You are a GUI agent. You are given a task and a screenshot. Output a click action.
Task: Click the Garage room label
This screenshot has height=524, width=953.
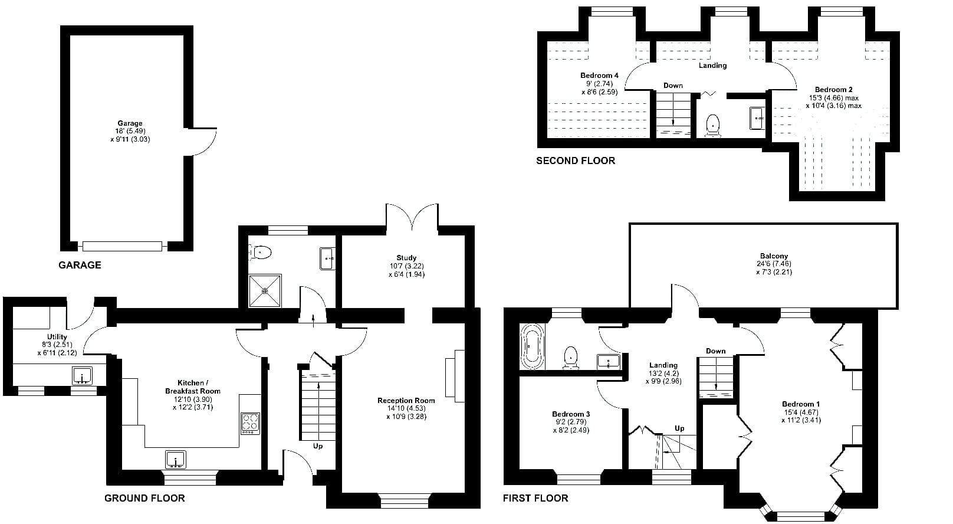coord(130,123)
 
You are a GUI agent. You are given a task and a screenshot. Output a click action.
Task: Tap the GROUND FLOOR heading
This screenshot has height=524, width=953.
coord(144,498)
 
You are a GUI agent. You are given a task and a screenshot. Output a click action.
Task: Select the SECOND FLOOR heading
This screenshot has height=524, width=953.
coord(576,161)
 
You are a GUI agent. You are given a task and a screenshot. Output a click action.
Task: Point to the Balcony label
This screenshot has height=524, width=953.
coord(774,256)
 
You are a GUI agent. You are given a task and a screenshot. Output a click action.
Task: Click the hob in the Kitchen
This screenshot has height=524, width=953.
coord(251,423)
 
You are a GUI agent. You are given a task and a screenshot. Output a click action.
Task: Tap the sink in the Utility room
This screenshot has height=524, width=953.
coord(82,376)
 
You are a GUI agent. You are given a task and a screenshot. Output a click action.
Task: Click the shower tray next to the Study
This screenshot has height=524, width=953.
coord(265,291)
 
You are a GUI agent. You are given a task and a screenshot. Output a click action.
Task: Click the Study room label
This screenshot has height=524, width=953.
coord(406,257)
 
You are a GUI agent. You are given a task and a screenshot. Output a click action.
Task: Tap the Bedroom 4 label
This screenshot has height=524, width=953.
coord(599,76)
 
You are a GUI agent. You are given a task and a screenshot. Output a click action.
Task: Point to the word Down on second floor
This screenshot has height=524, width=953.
coord(673,86)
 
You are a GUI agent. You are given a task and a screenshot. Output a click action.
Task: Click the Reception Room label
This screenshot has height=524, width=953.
coord(406,400)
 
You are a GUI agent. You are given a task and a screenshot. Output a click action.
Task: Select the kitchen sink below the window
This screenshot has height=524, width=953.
coord(176,460)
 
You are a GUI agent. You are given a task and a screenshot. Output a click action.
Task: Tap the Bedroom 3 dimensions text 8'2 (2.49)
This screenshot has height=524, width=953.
coord(571,430)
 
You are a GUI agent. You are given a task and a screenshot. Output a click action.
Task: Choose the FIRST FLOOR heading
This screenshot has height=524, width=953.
coord(535,498)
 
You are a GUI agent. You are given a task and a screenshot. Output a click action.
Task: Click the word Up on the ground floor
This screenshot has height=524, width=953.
coord(318,446)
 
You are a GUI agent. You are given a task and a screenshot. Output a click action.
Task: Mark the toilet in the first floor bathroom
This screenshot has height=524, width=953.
coord(570,358)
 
